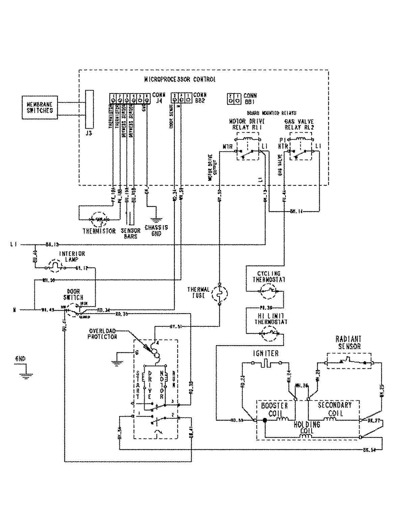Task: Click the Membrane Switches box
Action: point(40,107)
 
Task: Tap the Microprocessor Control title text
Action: point(180,80)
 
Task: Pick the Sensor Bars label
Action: point(130,234)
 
